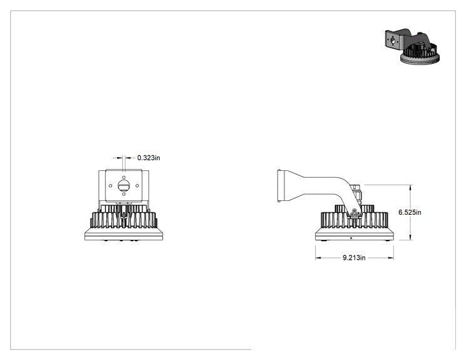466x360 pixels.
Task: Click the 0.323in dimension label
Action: (x=148, y=158)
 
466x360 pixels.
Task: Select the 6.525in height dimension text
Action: (x=410, y=212)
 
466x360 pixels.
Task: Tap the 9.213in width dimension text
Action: (x=354, y=257)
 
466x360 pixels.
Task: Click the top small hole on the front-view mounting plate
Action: (x=123, y=177)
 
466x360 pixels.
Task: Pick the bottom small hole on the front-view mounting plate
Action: (x=123, y=194)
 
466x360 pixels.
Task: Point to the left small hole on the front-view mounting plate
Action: (x=111, y=186)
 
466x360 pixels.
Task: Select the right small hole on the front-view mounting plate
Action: (x=137, y=186)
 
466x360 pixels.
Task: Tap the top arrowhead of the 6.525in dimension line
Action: (x=411, y=187)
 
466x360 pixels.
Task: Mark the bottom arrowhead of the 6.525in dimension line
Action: (x=411, y=238)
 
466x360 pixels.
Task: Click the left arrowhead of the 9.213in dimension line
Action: (x=318, y=258)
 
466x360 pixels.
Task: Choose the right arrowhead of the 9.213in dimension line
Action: (x=391, y=258)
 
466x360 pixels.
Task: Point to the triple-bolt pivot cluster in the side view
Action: (x=354, y=213)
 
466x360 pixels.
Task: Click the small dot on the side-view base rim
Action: (x=351, y=238)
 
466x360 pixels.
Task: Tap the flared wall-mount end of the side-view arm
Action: (x=282, y=186)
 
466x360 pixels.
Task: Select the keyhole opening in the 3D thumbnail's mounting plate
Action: (x=393, y=41)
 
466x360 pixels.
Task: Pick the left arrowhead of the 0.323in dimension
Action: (x=120, y=158)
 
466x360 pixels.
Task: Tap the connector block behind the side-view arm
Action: (x=356, y=193)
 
